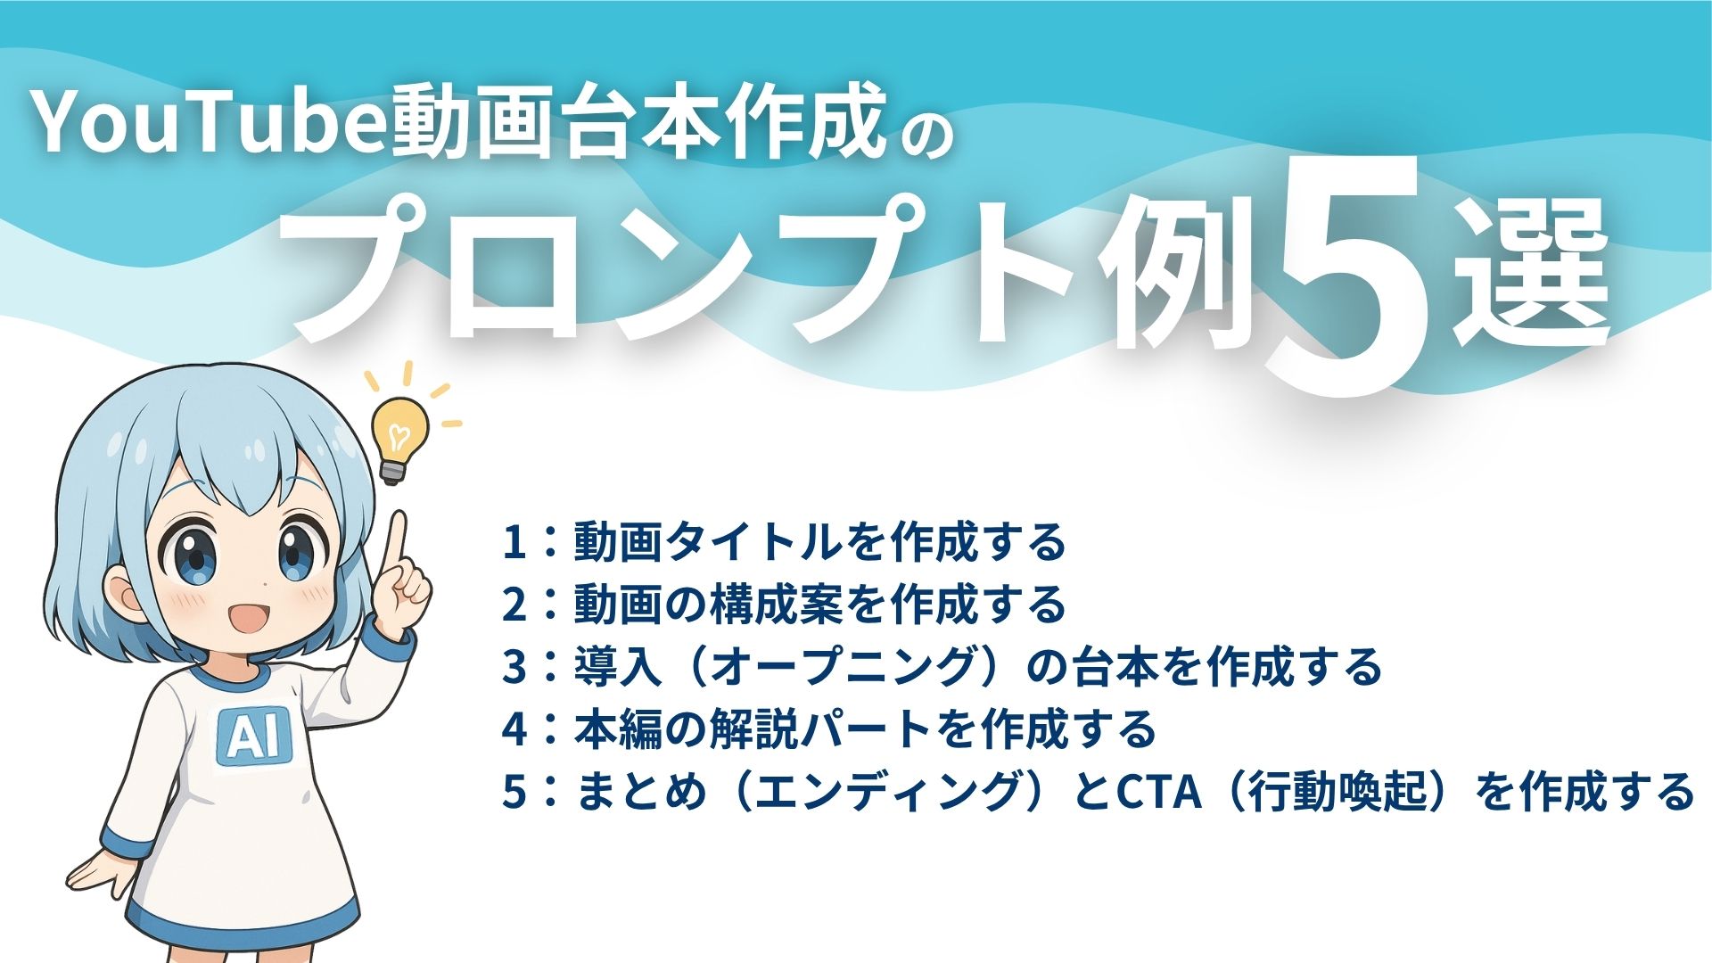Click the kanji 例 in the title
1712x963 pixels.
(x=1168, y=276)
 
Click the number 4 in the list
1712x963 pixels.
(x=514, y=730)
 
